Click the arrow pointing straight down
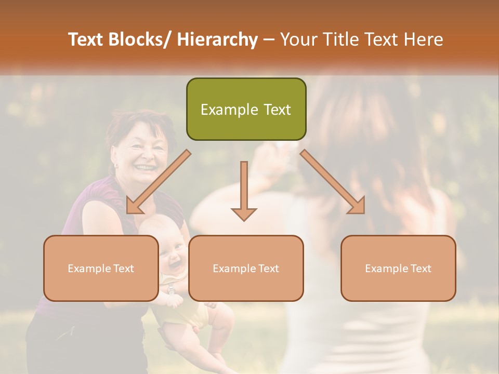[x=244, y=192]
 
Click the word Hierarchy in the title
[x=217, y=40]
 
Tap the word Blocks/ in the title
[x=141, y=40]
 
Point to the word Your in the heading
[x=298, y=40]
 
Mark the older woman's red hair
[x=127, y=122]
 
